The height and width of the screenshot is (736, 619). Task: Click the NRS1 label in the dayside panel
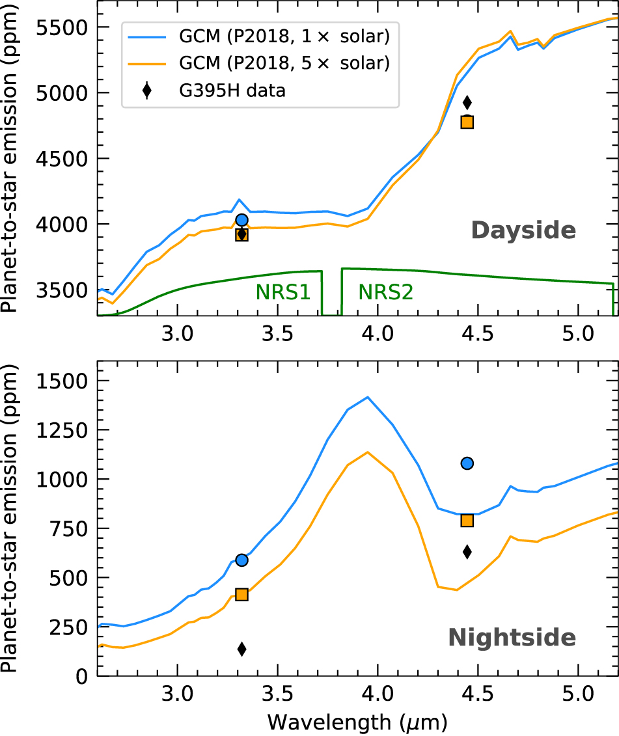coord(282,293)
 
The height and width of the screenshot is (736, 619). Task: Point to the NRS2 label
coord(386,293)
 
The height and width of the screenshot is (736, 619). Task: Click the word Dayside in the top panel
coord(523,230)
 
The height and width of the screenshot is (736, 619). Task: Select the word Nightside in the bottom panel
coord(512,638)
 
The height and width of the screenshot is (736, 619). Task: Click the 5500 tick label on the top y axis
coord(66,27)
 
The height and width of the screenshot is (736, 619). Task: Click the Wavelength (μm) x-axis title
coord(357,721)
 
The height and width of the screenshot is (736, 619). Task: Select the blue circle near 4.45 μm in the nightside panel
coord(467,463)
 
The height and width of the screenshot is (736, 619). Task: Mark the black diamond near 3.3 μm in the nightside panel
coord(241,649)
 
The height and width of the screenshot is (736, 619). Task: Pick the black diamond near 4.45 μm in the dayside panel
coord(467,102)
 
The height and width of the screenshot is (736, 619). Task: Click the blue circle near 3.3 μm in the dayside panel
coord(241,220)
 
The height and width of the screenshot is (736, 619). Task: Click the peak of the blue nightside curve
coord(368,397)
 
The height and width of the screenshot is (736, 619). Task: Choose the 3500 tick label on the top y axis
coord(66,290)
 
